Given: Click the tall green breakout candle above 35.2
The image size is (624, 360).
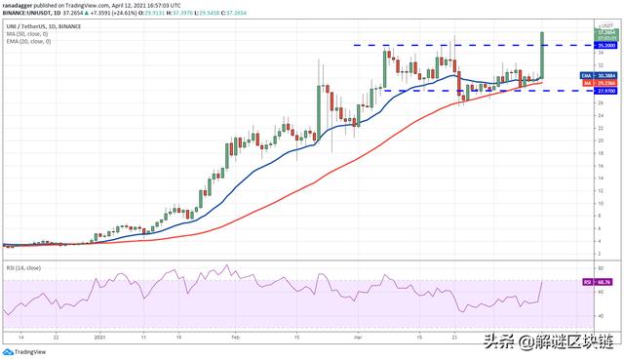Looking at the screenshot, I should (x=541, y=54).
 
